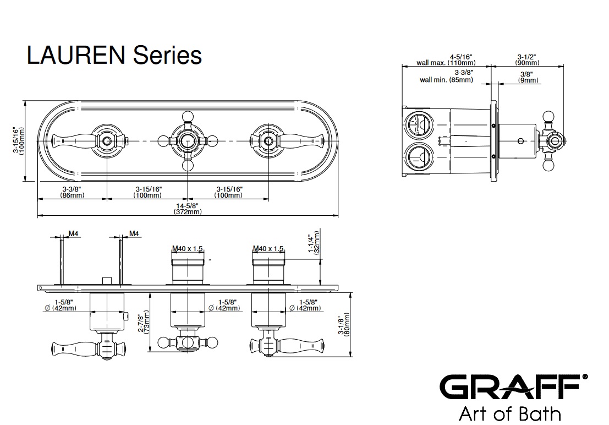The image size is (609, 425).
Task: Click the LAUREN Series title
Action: coord(114,56)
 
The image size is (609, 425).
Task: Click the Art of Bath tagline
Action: coord(510,413)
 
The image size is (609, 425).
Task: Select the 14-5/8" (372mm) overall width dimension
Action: coord(188,209)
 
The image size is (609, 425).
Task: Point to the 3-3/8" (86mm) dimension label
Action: coord(72,192)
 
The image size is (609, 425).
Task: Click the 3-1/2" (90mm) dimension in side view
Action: coord(527,59)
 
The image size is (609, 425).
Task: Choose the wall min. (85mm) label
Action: coord(447,77)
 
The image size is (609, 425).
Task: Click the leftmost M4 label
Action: coord(73,234)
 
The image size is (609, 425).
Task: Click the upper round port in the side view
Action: coord(419,124)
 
